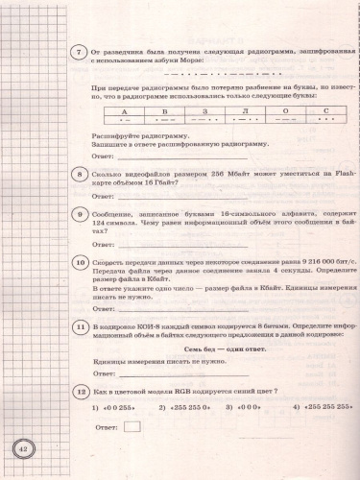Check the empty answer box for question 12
tap(132, 426)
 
